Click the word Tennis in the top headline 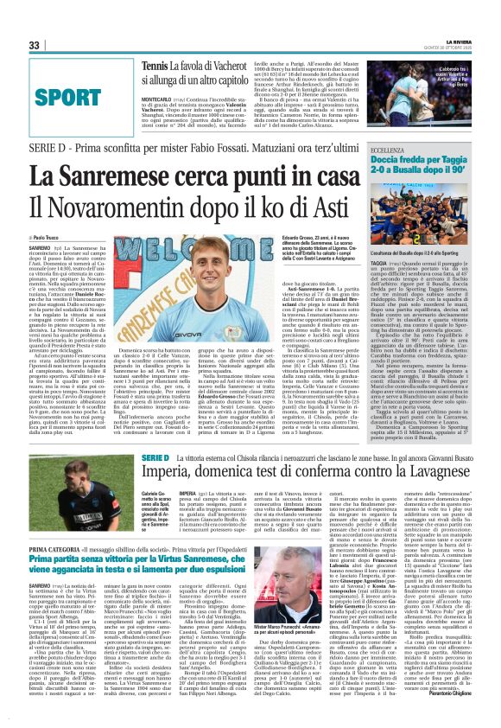[155, 66]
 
